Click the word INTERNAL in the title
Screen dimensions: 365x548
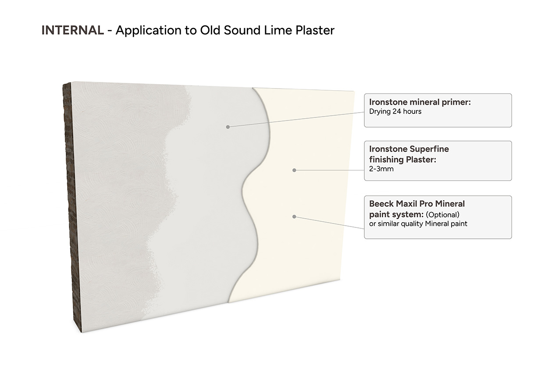click(x=73, y=30)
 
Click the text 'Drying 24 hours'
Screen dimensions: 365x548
click(x=395, y=111)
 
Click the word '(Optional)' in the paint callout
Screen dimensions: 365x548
click(x=443, y=215)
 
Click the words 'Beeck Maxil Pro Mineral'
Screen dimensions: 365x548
click(x=417, y=204)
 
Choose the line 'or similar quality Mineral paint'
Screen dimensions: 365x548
click(x=418, y=224)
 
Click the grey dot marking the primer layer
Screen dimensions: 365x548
click(x=228, y=127)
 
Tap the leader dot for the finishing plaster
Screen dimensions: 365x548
click(x=294, y=170)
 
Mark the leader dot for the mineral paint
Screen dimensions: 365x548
click(x=294, y=216)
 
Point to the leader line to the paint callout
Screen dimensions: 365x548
click(x=329, y=223)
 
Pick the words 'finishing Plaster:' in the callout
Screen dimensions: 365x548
click(x=402, y=159)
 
